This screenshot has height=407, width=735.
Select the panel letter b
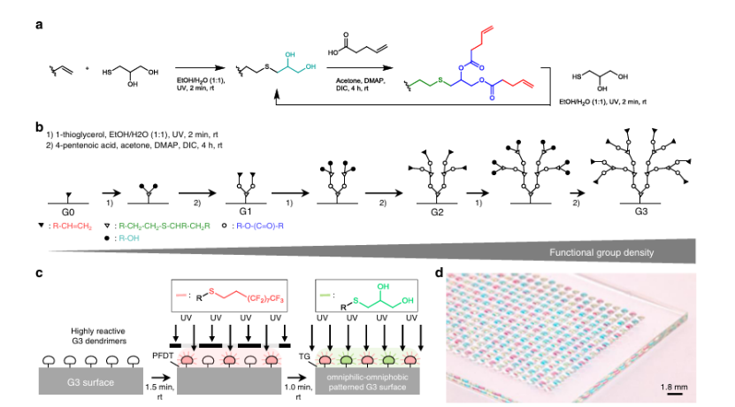coord(39,129)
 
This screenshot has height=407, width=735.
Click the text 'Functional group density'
coord(601,253)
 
